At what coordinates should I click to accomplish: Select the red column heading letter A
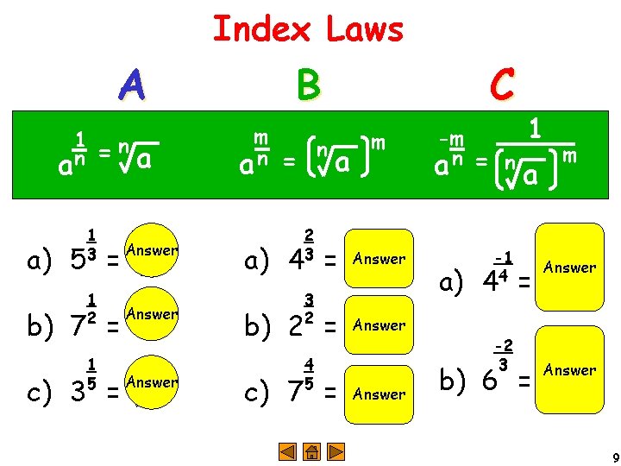131,85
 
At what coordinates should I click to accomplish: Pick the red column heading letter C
502,85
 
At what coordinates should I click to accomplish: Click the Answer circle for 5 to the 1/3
151,251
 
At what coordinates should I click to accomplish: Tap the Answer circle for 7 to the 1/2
151,316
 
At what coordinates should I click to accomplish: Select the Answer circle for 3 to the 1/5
151,382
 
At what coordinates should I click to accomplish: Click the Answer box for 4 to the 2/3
379,258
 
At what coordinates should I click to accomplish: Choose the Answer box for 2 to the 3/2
379,325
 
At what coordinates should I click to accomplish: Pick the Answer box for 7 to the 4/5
379,394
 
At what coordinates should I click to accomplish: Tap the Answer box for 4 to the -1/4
569,268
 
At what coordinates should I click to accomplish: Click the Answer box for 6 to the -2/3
569,370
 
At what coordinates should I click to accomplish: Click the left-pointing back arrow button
289,450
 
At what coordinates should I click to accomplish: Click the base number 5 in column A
74,256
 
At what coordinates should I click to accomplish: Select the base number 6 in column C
489,381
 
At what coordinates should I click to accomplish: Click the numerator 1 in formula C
535,129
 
